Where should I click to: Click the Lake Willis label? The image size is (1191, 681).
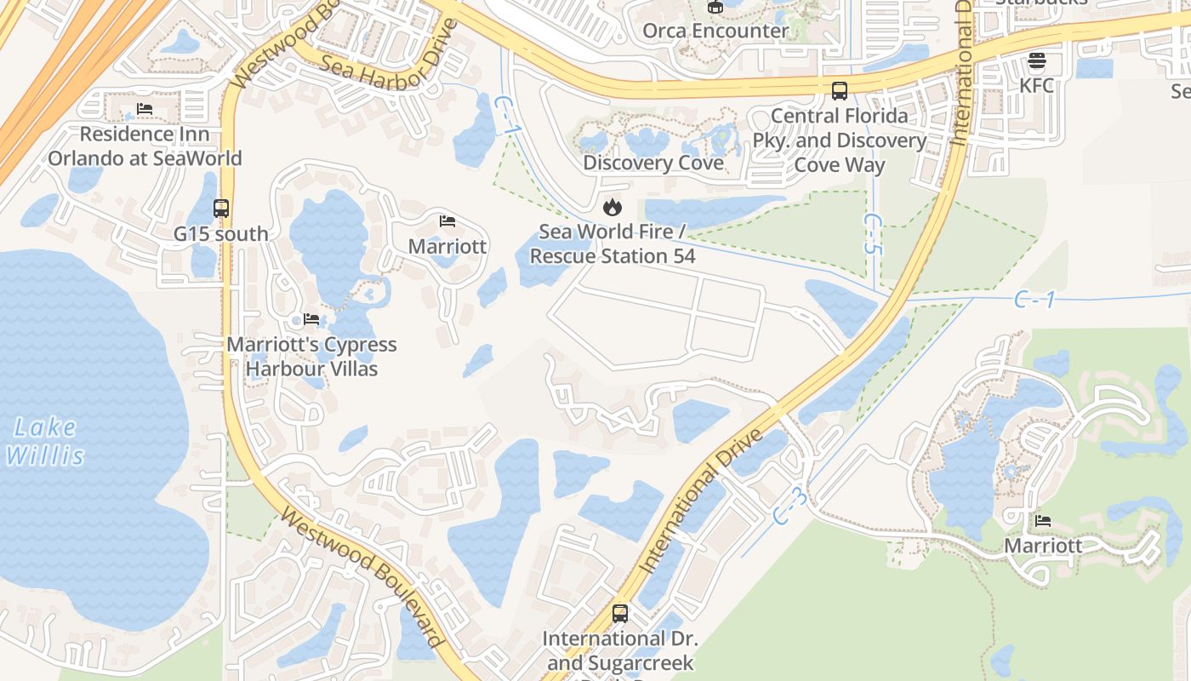[x=45, y=441]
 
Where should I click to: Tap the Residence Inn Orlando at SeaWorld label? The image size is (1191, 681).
[x=145, y=146]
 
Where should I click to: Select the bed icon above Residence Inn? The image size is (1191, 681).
[x=145, y=110]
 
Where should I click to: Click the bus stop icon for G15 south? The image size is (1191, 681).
[x=221, y=208]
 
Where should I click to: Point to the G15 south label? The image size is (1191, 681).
[x=220, y=234]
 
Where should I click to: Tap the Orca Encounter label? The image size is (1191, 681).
[x=715, y=31]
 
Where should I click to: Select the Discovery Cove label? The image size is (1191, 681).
[x=653, y=163]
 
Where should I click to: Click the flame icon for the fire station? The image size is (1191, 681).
[x=613, y=207]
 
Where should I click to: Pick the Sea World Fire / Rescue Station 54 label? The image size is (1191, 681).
[x=613, y=243]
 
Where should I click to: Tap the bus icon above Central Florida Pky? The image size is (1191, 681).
[x=840, y=90]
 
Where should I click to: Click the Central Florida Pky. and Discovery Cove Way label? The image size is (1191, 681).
[x=840, y=140]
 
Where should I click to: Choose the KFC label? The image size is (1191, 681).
[x=1036, y=86]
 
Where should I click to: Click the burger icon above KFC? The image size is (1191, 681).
[x=1036, y=60]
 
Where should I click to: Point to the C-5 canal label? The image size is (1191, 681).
[x=871, y=233]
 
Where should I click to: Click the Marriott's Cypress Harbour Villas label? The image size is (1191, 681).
[x=311, y=357]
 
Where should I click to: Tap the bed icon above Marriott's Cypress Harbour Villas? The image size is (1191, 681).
[x=311, y=319]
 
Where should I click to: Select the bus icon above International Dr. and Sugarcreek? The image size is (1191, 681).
[x=620, y=613]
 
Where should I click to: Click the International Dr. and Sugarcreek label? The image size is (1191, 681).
[x=620, y=650]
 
